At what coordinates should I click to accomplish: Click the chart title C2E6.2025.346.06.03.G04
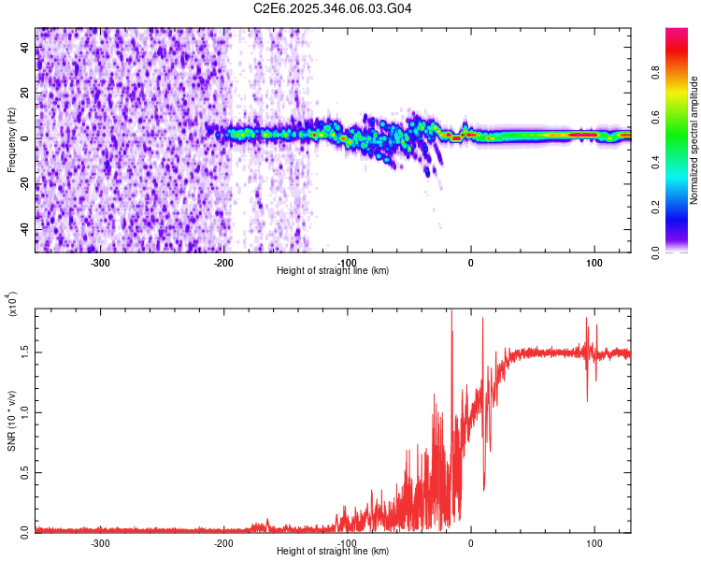[x=333, y=8]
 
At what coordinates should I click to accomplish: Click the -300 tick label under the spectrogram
[x=100, y=262]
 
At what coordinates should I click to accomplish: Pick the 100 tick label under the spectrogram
[x=594, y=262]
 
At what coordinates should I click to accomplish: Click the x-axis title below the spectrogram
[x=333, y=270]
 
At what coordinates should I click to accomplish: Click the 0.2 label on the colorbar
[x=683, y=208]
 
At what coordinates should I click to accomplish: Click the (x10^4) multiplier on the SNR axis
[x=13, y=303]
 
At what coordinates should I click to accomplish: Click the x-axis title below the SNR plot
[x=333, y=551]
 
